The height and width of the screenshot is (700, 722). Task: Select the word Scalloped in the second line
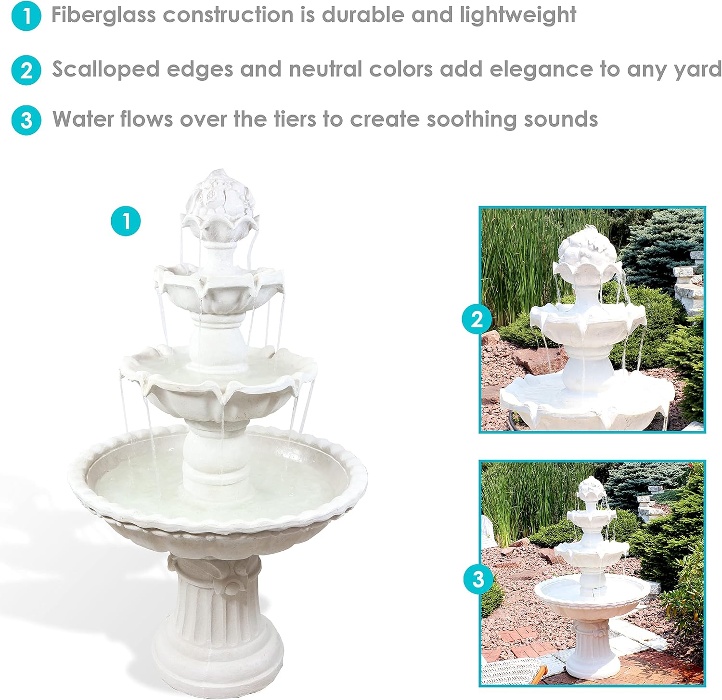tap(106, 70)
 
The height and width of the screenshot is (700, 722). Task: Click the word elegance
tap(541, 70)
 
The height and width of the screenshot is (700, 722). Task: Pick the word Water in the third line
tap(83, 118)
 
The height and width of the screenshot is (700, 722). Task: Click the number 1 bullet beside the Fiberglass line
tap(26, 15)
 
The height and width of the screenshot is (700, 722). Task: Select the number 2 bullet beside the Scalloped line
tap(26, 70)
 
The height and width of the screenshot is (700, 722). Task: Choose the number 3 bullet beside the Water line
tap(26, 120)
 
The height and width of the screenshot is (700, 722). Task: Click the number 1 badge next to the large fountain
tap(126, 221)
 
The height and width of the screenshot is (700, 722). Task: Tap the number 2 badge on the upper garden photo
tap(477, 319)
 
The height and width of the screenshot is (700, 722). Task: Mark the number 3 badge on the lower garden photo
tap(478, 579)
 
